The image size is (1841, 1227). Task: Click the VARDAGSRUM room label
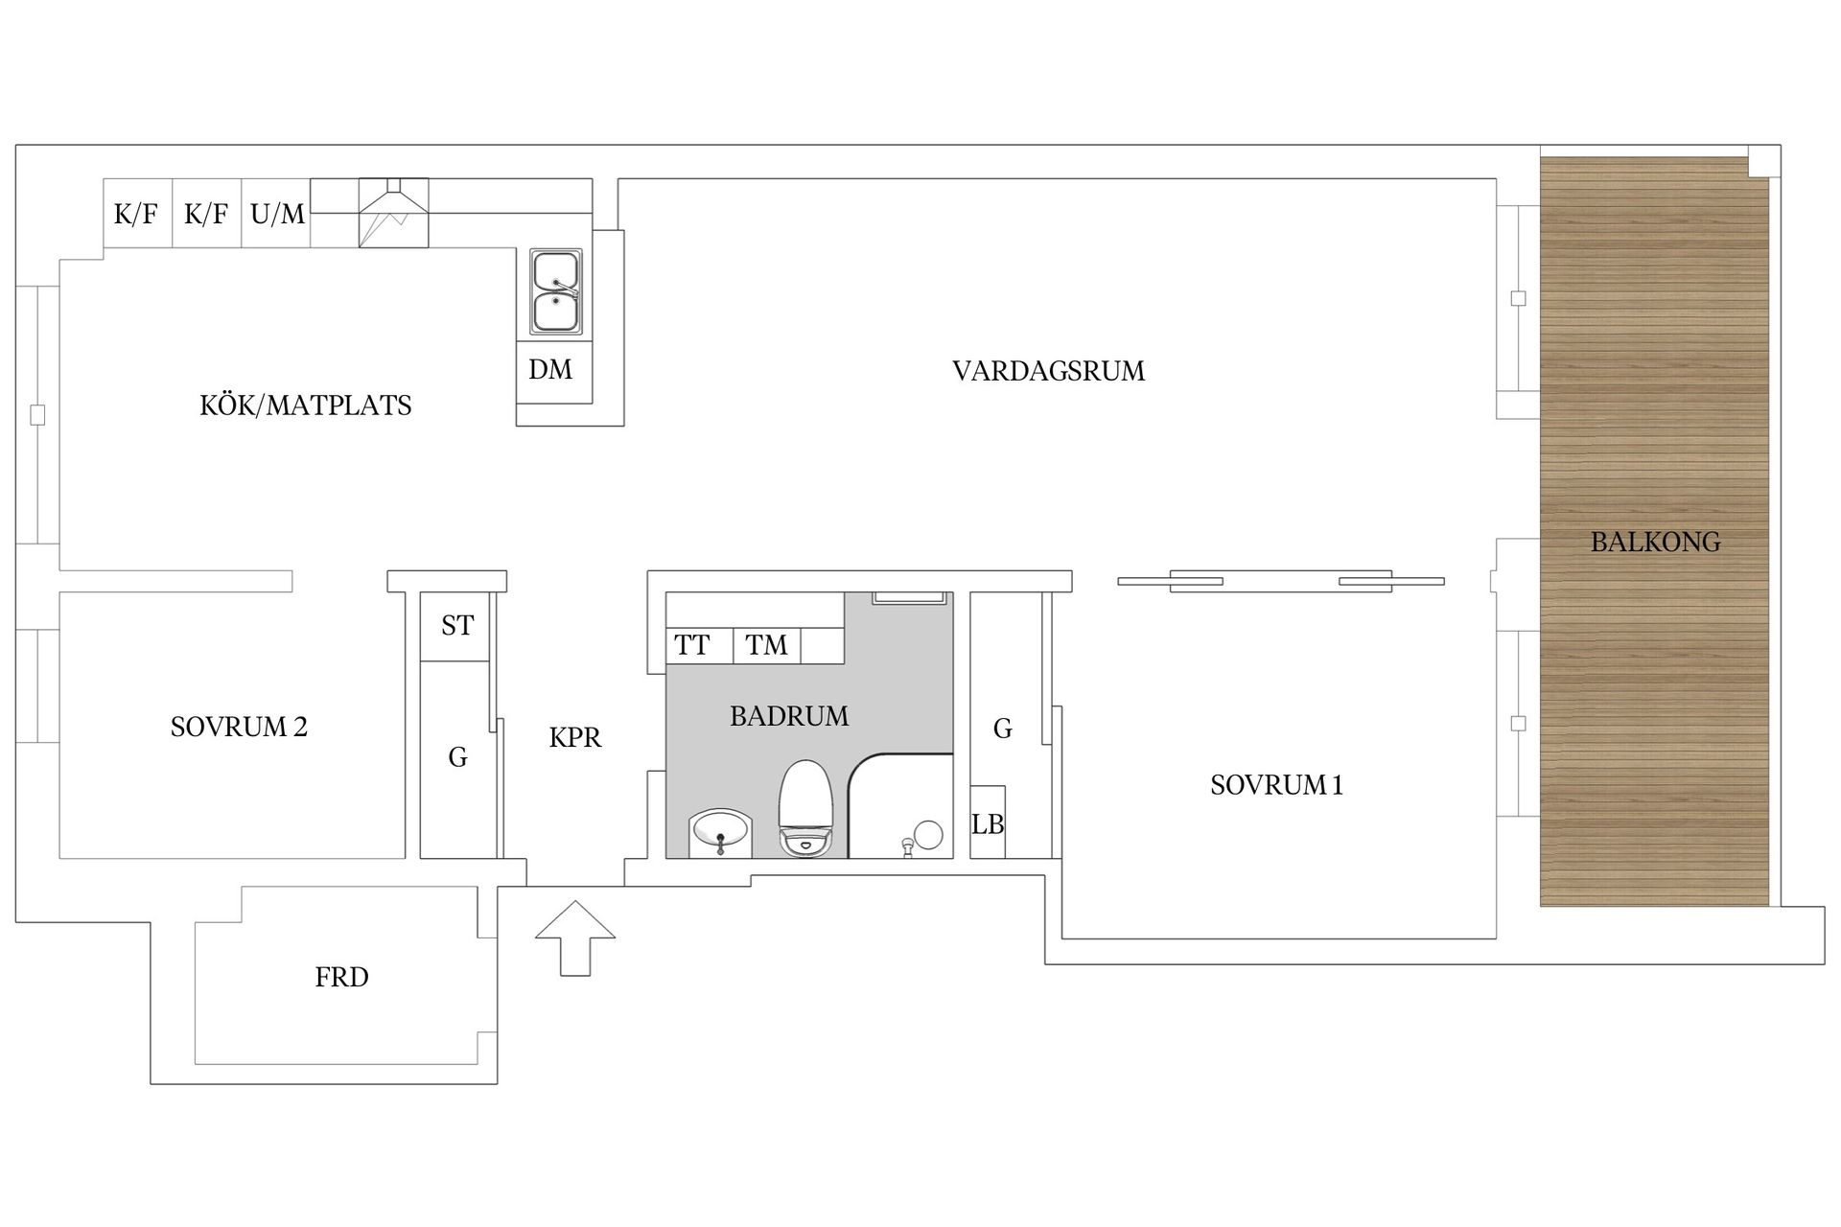click(1048, 371)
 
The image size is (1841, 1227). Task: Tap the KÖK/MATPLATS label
click(305, 405)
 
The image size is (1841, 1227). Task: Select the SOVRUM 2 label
click(239, 727)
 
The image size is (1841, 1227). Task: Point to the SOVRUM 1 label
click(1276, 785)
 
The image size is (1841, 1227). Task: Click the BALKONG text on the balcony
click(1655, 542)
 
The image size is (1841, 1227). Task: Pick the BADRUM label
click(789, 716)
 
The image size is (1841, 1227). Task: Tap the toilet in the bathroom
click(804, 807)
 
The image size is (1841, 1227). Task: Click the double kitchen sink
click(556, 291)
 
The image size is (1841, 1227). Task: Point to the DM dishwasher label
click(550, 369)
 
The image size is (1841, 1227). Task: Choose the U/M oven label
click(277, 214)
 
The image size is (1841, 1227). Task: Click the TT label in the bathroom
click(691, 645)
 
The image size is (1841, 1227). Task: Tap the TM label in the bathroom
click(766, 645)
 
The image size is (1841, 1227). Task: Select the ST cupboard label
click(457, 626)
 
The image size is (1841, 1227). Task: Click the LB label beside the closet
click(988, 823)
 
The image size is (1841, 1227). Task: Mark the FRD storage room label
click(341, 977)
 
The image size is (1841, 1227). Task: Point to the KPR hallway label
click(575, 737)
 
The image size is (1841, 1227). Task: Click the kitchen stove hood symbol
click(393, 213)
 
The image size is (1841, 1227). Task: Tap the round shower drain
click(928, 834)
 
